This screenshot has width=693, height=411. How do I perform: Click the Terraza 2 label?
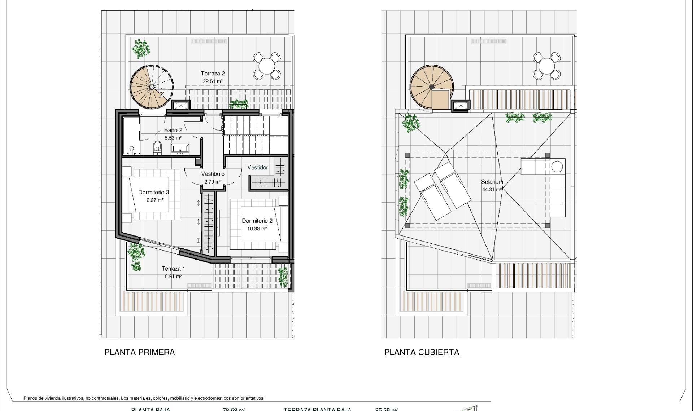pos(213,74)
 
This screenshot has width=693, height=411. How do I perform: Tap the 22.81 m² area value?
pos(213,81)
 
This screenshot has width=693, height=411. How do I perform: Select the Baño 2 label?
pos(173,130)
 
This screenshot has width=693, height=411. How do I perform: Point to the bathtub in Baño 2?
pos(131,135)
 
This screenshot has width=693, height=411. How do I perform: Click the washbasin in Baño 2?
pos(180,148)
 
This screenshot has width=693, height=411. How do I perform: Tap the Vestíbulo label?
pos(213,174)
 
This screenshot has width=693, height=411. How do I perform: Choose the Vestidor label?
pos(258,168)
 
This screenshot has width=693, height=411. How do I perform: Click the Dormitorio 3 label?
pos(154,192)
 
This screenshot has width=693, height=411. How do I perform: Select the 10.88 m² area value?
pos(257,229)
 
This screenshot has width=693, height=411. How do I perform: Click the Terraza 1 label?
pos(173,269)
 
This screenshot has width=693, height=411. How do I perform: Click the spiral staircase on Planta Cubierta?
pos(431,87)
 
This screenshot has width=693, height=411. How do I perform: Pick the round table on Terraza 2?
pos(266,66)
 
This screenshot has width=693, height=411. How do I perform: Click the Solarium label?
pos(492,182)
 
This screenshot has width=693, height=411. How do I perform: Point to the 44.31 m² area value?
pos(492,190)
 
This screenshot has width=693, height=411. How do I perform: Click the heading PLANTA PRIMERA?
pos(140,352)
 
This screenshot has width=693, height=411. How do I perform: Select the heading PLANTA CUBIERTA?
pos(422,352)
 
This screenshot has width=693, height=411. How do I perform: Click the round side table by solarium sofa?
pos(557,167)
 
